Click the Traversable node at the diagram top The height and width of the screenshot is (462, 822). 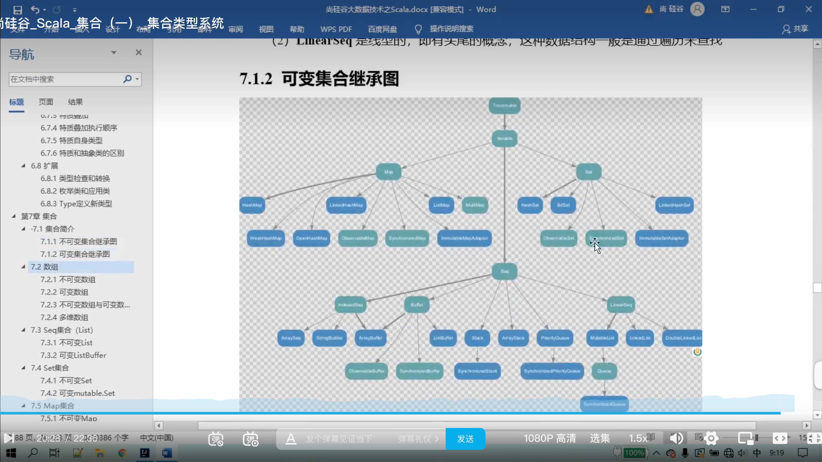pos(504,106)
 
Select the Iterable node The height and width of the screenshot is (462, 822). pos(504,139)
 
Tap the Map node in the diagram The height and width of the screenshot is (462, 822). pos(389,172)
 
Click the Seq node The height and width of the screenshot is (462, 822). pos(504,271)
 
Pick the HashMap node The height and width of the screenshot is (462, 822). pos(252,205)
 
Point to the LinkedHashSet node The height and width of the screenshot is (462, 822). pos(674,205)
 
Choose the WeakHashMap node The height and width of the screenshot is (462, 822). pos(266,238)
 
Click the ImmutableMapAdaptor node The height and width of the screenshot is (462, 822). pos(464,238)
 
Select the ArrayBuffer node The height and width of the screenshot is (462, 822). pos(370,338)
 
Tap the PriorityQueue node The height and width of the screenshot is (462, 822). pos(555,338)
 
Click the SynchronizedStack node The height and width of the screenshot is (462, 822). pos(477,371)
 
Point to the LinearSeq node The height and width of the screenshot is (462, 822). pos(621,305)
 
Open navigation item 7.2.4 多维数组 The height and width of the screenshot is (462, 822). pos(64,318)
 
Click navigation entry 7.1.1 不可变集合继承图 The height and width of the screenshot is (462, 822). pos(79,242)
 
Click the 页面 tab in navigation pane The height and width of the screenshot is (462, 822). pos(46,102)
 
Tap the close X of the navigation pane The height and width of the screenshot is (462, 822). pos(139,52)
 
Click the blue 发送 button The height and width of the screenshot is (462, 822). pos(465,439)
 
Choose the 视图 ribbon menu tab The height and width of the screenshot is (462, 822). pos(266,29)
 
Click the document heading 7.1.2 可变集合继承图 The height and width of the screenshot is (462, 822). pos(319,79)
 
